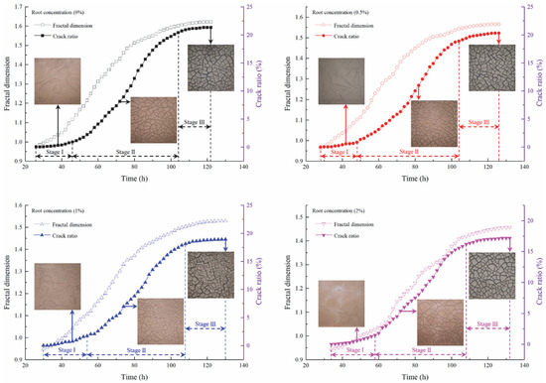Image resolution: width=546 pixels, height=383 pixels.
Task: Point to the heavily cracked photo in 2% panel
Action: click(487, 274)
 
